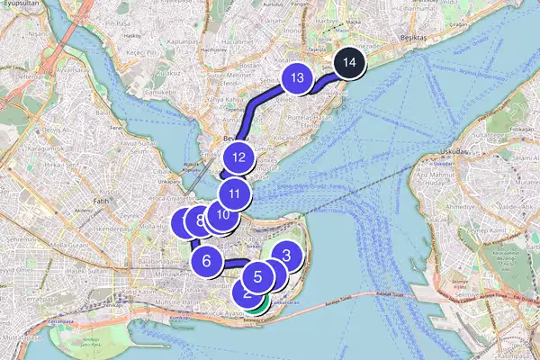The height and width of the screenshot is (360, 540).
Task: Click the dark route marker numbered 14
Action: coord(350,64)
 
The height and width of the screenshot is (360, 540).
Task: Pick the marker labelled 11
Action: coord(234,193)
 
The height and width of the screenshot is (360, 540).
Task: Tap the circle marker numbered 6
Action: coord(206,261)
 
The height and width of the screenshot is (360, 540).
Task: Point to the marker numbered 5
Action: coord(257,277)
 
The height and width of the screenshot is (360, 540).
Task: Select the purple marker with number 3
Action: coord(286,256)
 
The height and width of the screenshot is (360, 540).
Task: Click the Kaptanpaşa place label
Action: coord(181,41)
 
